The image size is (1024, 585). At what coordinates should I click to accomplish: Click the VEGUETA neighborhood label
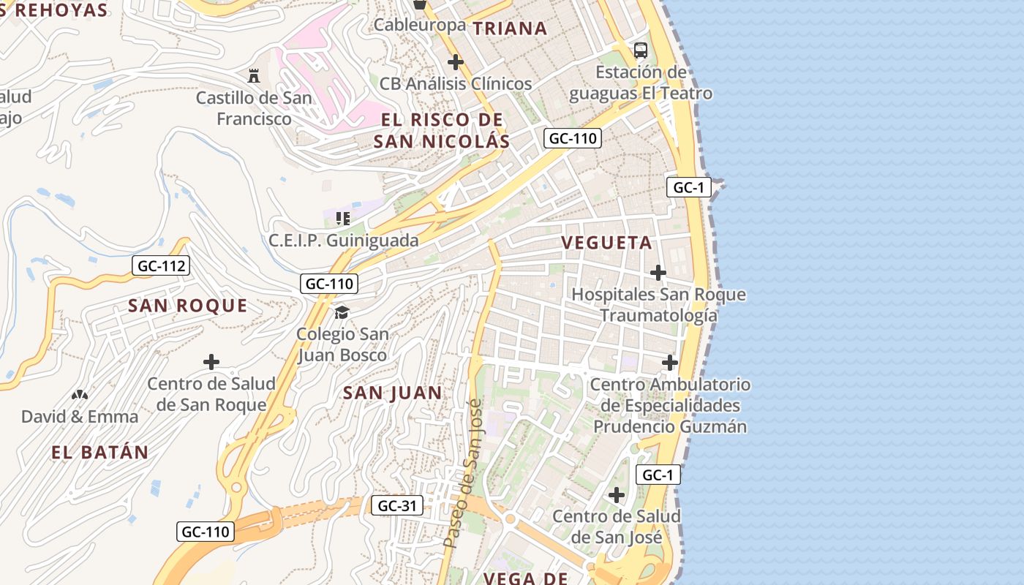coord(606,243)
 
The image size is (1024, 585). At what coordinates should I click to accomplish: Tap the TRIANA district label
coord(510,29)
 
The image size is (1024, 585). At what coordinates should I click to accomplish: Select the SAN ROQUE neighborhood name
coord(188,306)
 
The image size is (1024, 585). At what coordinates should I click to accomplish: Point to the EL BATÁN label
coord(100,453)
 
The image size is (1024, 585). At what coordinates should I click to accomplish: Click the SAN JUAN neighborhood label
coord(393,393)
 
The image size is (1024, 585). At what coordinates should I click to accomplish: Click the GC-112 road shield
coord(161,266)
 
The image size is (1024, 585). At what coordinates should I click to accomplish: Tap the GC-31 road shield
coord(396,505)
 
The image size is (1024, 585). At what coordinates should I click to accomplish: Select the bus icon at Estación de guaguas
coord(641,50)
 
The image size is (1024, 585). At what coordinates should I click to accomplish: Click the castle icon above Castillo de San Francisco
coord(254,75)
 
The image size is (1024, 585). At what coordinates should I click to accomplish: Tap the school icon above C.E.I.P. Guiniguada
coord(343,218)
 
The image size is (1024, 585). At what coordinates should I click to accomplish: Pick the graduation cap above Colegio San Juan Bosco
coord(342,313)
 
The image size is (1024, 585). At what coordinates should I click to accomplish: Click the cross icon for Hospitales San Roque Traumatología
coord(658,273)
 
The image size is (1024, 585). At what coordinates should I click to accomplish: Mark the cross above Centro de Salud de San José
coord(617,495)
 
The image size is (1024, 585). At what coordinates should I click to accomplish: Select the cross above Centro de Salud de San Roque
coord(211,362)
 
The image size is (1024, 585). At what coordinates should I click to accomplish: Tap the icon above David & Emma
coord(79,395)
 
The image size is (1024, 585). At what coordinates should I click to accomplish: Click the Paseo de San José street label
coord(463,474)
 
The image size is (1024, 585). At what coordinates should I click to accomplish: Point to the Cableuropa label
coord(420,25)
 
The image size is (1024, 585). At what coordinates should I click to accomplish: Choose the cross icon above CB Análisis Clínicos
coord(456,62)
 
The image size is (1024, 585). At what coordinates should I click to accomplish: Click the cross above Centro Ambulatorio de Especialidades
coord(670,363)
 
